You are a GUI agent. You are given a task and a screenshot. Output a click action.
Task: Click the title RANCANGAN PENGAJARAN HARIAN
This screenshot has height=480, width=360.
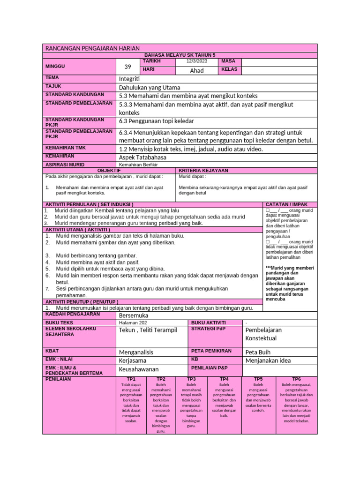[x=92, y=49]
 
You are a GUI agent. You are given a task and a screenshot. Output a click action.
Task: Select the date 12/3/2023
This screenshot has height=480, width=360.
[x=196, y=61]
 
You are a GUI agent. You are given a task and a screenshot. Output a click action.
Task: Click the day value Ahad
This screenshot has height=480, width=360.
[x=196, y=70]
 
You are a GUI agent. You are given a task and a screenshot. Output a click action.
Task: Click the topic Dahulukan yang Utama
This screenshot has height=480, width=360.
[x=150, y=88]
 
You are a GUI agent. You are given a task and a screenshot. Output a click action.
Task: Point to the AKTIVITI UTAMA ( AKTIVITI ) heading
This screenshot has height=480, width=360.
[x=78, y=230]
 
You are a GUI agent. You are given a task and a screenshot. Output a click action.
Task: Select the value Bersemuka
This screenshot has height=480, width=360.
[x=134, y=315]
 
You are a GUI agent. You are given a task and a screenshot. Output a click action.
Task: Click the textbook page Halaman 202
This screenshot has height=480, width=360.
[x=133, y=322]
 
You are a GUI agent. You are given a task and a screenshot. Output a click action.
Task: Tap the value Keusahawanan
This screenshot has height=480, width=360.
[x=139, y=369]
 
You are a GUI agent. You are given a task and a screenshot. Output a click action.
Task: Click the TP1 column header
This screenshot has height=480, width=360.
[x=131, y=379]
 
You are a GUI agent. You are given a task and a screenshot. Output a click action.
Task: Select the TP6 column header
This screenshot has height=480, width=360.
[x=296, y=379]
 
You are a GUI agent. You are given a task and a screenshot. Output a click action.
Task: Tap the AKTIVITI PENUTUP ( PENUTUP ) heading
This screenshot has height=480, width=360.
[x=82, y=301]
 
